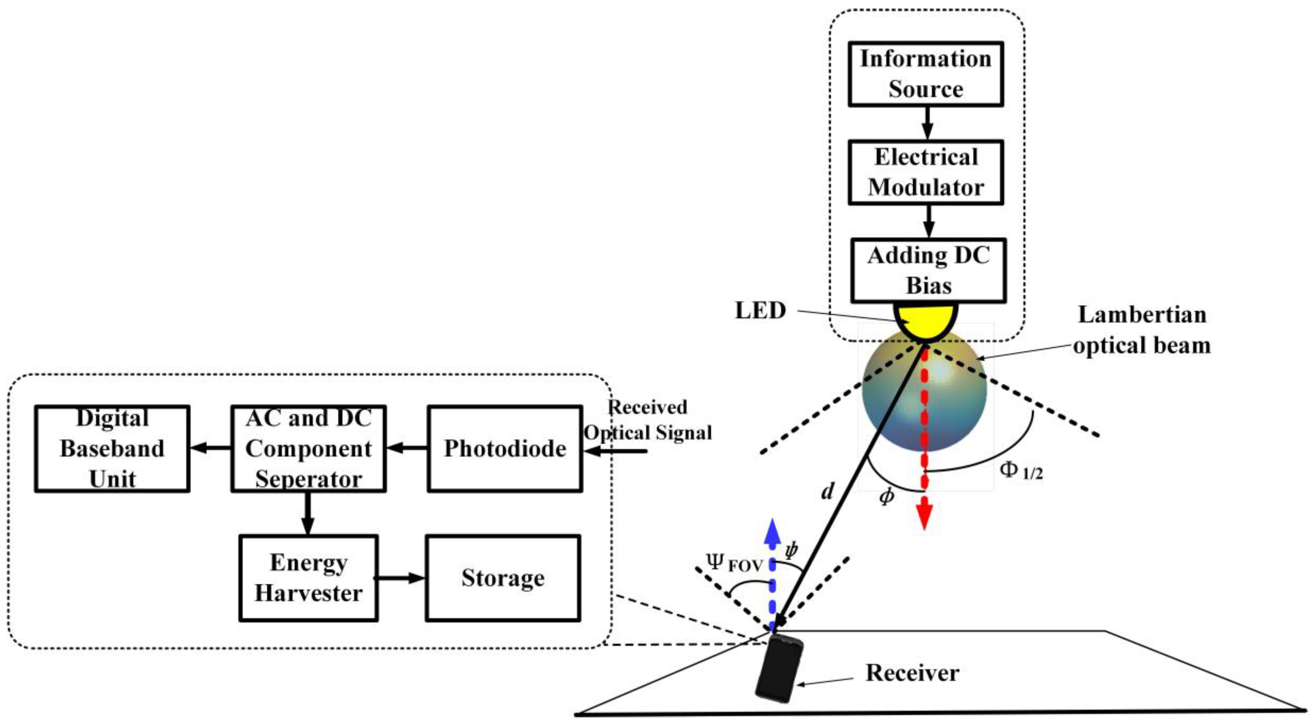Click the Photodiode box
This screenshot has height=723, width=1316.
[505, 449]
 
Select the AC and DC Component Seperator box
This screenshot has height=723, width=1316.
[308, 449]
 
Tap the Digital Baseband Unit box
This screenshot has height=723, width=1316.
[112, 449]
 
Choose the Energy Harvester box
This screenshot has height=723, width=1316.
[308, 578]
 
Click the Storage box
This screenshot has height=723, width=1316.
[503, 578]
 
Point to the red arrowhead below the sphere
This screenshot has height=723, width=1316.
[924, 517]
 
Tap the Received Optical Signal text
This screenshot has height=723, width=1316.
[648, 420]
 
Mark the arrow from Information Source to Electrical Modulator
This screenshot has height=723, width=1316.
[927, 123]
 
